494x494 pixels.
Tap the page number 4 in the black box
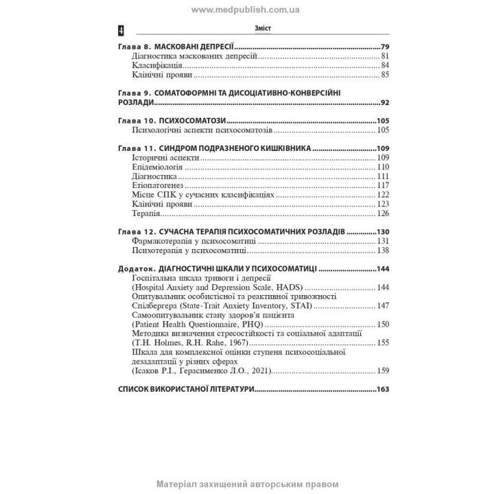[x=121, y=30]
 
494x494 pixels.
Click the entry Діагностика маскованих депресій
[x=193, y=55]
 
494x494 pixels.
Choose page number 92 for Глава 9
[x=385, y=102]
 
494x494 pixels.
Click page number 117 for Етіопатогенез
[x=383, y=185]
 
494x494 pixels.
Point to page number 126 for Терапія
[x=383, y=213]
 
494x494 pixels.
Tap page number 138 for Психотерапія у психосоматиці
[x=383, y=250]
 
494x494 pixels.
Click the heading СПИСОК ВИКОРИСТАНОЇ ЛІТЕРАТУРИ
[x=186, y=389]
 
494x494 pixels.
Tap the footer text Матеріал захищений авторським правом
[x=247, y=484]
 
